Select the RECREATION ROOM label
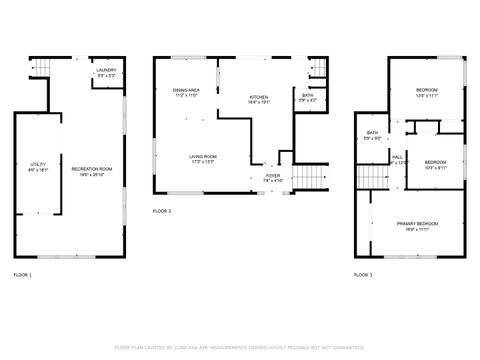click(x=91, y=170)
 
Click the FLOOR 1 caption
click(x=22, y=274)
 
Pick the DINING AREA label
click(x=186, y=92)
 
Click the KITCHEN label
click(x=258, y=98)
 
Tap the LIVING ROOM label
click(x=204, y=158)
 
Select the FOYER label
click(x=272, y=177)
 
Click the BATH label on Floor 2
click(x=307, y=96)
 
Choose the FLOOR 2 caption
click(x=162, y=212)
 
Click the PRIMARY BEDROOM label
click(x=417, y=225)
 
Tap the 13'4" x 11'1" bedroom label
click(x=427, y=93)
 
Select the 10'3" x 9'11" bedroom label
click(x=434, y=164)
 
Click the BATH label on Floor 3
click(x=372, y=135)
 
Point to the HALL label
click(x=398, y=159)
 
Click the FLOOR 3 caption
click(x=363, y=274)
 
